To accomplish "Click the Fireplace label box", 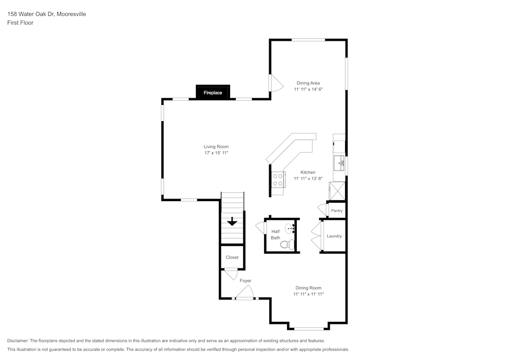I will pos(213,92).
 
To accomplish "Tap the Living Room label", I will pos(216,147).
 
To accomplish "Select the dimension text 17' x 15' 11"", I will pos(216,153).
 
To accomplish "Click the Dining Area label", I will pos(308,83).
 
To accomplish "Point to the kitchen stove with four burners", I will pos(278,180).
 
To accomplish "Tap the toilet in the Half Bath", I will pos(287,244).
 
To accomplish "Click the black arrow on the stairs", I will pos(232,221).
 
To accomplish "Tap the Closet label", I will pos(232,257).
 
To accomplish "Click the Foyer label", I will pos(245,281).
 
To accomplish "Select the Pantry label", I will pos(336,210).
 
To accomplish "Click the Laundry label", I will pos(334,236).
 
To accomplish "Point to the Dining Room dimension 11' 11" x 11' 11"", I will pos(308,294).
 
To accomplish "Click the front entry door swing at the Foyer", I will pos(245,292).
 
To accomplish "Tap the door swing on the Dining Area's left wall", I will pos(275,84).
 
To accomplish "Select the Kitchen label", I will pos(308,172).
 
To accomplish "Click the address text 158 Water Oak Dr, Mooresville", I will pos(46,14).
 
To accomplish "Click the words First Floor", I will pos(20,23).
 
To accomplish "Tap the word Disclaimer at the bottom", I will pos(18,341).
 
